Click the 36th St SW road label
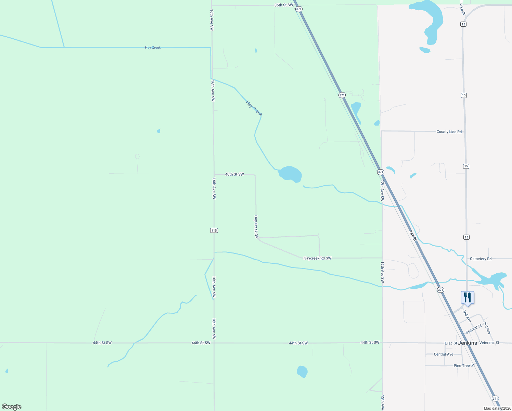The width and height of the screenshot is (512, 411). (x=284, y=5)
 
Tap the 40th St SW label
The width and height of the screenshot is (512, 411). (x=234, y=174)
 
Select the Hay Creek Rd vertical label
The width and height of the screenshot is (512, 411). (x=256, y=227)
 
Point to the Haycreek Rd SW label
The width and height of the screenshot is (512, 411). (x=317, y=258)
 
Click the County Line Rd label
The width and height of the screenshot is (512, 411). (x=449, y=132)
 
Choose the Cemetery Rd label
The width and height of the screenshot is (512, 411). (x=481, y=259)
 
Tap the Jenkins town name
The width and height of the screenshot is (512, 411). (x=468, y=343)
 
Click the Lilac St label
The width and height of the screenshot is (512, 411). (x=451, y=343)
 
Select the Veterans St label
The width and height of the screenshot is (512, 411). (x=489, y=342)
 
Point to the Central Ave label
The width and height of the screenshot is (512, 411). (x=444, y=354)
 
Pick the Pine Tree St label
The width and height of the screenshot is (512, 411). (x=464, y=365)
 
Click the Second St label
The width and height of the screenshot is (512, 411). (x=473, y=329)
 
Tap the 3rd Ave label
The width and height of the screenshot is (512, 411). (x=487, y=328)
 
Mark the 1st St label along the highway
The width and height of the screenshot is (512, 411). (x=412, y=235)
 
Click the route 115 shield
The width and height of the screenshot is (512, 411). (x=214, y=231)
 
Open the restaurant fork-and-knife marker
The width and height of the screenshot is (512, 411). (x=468, y=298)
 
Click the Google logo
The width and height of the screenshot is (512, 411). (x=12, y=407)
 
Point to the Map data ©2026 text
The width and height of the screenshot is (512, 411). (x=497, y=408)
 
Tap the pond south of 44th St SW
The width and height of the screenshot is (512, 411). (x=302, y=372)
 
